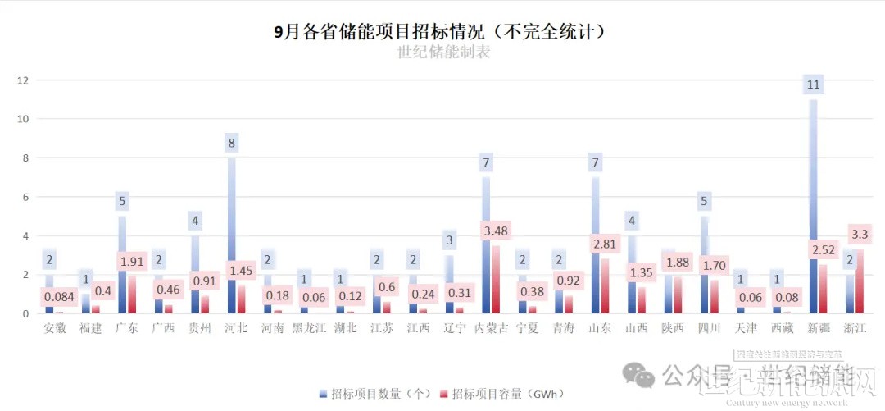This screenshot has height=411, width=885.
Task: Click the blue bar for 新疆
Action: (814, 205)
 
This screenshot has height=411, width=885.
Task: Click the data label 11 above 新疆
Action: (814, 84)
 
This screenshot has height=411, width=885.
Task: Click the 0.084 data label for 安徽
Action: (58, 296)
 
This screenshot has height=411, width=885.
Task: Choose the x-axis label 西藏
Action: (781, 329)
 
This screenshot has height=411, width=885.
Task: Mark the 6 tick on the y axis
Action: (25, 197)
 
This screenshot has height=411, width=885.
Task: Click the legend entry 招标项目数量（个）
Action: (375, 395)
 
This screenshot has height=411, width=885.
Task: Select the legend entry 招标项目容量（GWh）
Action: (502, 395)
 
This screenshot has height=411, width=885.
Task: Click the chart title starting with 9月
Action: (442, 32)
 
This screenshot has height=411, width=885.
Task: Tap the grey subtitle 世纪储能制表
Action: (443, 53)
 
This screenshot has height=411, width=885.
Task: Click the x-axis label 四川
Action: (708, 329)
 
